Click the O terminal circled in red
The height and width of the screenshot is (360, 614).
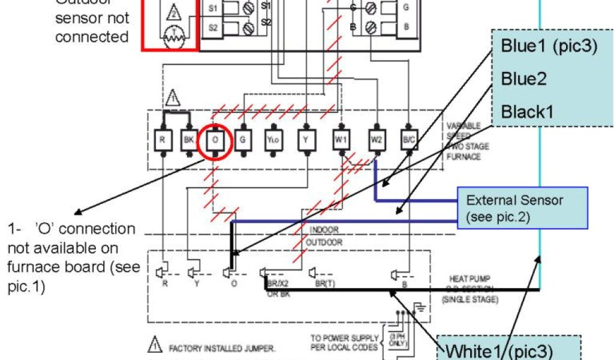pyautogui.click(x=215, y=142)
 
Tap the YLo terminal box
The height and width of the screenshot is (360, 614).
pyautogui.click(x=273, y=141)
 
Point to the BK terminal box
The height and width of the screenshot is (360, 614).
pyautogui.click(x=188, y=142)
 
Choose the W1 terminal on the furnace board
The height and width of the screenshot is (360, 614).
pyautogui.click(x=341, y=141)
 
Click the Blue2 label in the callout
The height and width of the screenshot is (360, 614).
pyautogui.click(x=523, y=79)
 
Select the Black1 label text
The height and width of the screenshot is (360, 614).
pyautogui.click(x=527, y=111)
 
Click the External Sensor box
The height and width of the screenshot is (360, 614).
pyautogui.click(x=522, y=208)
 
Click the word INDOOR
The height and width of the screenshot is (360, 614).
pyautogui.click(x=324, y=230)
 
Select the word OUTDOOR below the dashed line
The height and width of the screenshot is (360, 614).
pyautogui.click(x=324, y=242)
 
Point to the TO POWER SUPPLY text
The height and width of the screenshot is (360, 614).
pyautogui.click(x=344, y=338)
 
